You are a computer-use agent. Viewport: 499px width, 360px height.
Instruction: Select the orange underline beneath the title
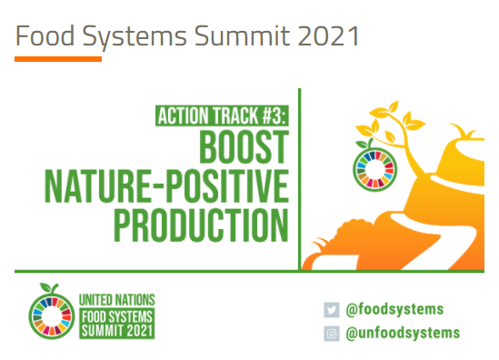58,59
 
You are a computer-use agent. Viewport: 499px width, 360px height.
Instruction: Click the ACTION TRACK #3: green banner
222,116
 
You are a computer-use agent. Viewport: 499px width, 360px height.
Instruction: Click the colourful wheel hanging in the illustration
370,164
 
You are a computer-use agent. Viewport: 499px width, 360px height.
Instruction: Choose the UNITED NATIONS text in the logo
117,298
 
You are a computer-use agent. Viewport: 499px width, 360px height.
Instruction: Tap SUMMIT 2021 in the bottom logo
117,330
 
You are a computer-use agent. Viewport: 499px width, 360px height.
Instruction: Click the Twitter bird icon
331,309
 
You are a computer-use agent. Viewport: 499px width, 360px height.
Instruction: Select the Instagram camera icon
331,333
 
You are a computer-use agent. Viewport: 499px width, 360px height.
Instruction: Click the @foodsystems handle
394,309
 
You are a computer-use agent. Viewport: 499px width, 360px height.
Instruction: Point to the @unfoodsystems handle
402,333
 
